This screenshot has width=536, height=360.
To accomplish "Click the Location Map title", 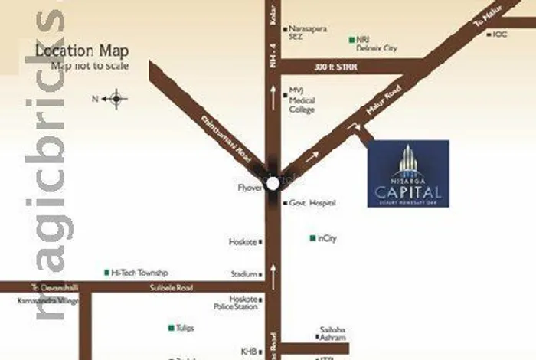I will coord(82,51).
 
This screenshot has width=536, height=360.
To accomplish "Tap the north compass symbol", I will coord(116,98).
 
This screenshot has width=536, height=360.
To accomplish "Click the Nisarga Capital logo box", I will coord(408,174).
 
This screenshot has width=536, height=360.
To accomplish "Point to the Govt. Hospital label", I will coord(312,203).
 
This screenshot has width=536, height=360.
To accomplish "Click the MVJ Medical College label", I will coord(302,100).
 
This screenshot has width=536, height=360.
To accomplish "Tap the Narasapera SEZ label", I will coord(308,32).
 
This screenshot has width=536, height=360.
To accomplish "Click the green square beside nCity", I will coord(312,238).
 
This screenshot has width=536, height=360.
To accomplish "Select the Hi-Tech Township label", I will coord(139,273).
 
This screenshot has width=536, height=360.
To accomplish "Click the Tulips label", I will coord(185,328).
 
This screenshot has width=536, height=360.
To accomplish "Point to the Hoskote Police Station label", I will coord(243,303).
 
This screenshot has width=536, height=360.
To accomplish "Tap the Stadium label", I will coord(244,273).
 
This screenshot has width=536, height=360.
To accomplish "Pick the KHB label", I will coord(249,351).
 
